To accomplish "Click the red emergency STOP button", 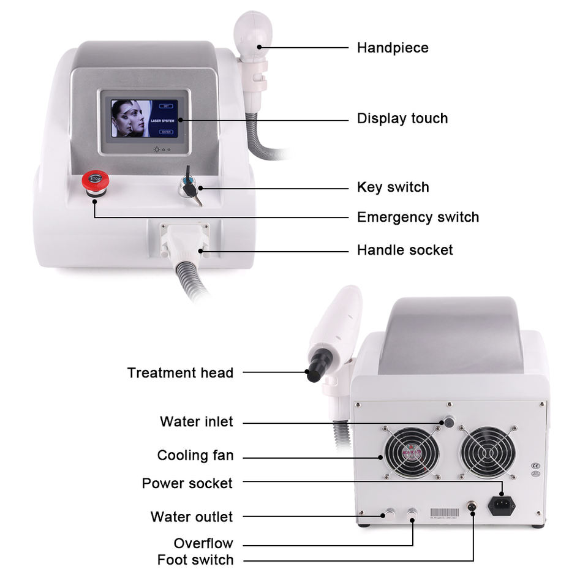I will (x=96, y=179).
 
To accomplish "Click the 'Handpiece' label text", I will (x=393, y=48).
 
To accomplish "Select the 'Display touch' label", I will (x=402, y=118).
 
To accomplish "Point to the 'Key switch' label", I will (x=393, y=187).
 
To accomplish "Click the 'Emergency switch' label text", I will (x=418, y=217).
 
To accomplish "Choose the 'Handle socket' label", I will (x=405, y=250).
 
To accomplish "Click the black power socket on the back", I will (x=501, y=505).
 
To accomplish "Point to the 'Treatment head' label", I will (x=180, y=373).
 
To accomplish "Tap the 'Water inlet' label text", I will (x=196, y=421).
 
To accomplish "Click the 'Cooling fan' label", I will (x=195, y=455).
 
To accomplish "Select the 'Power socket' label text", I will (x=187, y=483).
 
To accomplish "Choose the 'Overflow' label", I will (x=203, y=543).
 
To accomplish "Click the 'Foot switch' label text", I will (x=195, y=560).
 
